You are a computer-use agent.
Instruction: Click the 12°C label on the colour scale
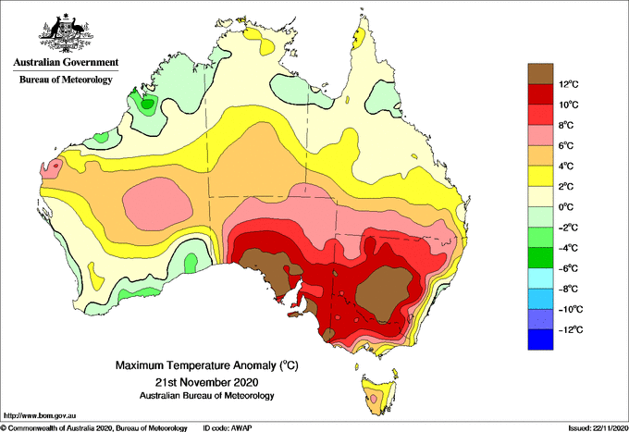(569, 84)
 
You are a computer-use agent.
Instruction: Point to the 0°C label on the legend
(566, 207)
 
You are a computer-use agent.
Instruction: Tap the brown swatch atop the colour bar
(540, 74)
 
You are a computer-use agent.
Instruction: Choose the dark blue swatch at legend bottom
(540, 339)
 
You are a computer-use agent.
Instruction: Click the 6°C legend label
(566, 145)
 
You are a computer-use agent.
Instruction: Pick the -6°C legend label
(569, 268)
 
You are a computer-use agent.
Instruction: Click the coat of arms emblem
(66, 33)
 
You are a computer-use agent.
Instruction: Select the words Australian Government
(66, 62)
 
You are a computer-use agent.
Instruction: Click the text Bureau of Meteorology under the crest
(66, 80)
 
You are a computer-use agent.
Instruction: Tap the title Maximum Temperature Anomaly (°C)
(206, 365)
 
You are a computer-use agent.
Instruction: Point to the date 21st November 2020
(206, 381)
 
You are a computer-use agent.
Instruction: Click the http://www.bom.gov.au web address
(40, 416)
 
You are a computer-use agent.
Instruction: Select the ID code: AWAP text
(228, 428)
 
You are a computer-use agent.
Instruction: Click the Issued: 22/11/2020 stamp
(598, 428)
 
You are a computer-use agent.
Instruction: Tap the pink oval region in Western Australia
(157, 204)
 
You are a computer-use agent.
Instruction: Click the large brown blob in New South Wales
(384, 293)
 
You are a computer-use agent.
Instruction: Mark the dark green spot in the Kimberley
(148, 105)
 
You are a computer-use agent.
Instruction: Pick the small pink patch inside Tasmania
(374, 399)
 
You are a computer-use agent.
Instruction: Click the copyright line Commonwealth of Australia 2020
(93, 428)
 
